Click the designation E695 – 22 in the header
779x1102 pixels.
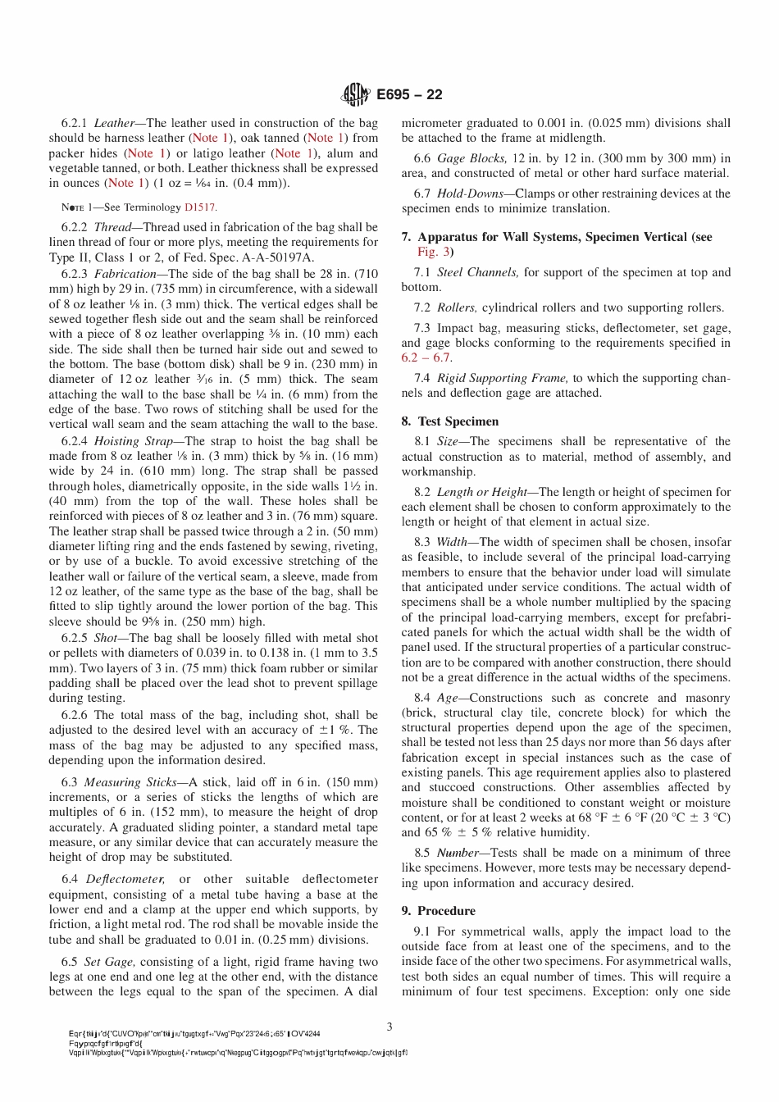point(409,95)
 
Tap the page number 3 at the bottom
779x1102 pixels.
point(389,1026)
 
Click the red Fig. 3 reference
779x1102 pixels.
point(427,252)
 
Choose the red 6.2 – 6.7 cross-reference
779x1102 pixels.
point(426,357)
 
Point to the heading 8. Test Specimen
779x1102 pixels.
point(449,421)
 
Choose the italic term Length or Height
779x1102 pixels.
point(482,492)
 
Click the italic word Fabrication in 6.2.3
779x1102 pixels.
point(125,274)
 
